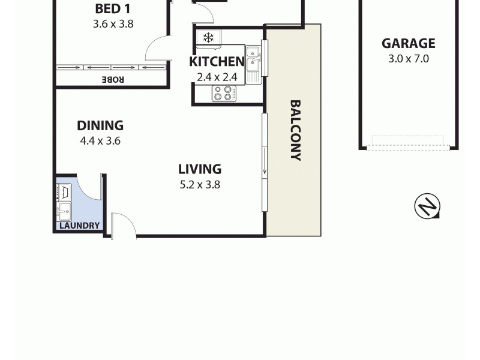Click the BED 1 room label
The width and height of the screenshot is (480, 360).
113,9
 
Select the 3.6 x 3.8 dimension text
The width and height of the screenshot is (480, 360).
113,25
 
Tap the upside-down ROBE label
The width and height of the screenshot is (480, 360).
112,79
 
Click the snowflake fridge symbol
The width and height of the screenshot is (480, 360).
208,38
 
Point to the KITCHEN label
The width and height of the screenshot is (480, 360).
217,62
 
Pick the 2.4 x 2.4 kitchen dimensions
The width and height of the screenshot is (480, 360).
217,77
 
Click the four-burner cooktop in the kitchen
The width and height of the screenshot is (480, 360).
224,94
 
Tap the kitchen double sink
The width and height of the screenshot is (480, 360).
254,63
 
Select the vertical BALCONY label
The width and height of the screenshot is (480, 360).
295,130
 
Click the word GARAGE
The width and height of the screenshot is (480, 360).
409,43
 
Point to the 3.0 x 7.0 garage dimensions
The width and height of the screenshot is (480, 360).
409,59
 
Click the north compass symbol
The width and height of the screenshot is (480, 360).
427,206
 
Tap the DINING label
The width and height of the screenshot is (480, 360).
100,125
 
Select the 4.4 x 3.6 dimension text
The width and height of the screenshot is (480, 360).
100,141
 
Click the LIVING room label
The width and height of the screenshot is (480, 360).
200,169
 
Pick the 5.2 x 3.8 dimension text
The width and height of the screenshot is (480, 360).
200,185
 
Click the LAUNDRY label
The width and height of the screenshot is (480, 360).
79,226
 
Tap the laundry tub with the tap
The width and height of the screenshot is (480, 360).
64,211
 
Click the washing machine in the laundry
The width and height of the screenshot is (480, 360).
64,192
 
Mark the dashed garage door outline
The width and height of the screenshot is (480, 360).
408,143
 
